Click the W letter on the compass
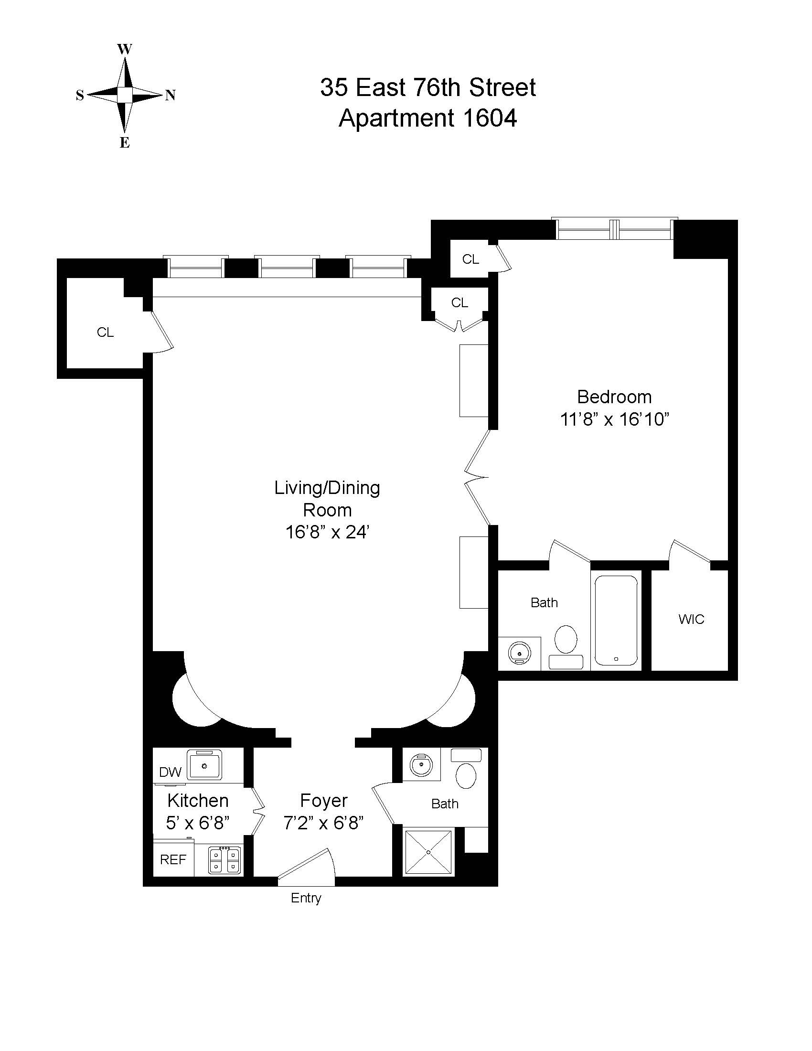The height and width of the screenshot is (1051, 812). pyautogui.click(x=125, y=49)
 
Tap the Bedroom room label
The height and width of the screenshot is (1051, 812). pyautogui.click(x=614, y=397)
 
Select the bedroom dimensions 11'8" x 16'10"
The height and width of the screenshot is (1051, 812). pyautogui.click(x=615, y=419)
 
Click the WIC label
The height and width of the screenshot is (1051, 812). pyautogui.click(x=691, y=619)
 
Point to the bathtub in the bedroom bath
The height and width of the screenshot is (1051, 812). pyautogui.click(x=616, y=621)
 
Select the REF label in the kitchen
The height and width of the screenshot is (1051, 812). pyautogui.click(x=173, y=859)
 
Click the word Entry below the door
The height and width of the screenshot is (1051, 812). pyautogui.click(x=306, y=898)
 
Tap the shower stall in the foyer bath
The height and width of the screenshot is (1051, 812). pyautogui.click(x=428, y=851)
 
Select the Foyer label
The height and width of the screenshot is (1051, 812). pyautogui.click(x=323, y=800)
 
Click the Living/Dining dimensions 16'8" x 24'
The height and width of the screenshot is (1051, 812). pyautogui.click(x=327, y=532)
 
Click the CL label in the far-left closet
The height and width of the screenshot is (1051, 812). pyautogui.click(x=106, y=332)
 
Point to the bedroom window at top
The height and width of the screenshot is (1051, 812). pyautogui.click(x=614, y=229)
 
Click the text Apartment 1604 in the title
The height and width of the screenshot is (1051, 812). pyautogui.click(x=427, y=118)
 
